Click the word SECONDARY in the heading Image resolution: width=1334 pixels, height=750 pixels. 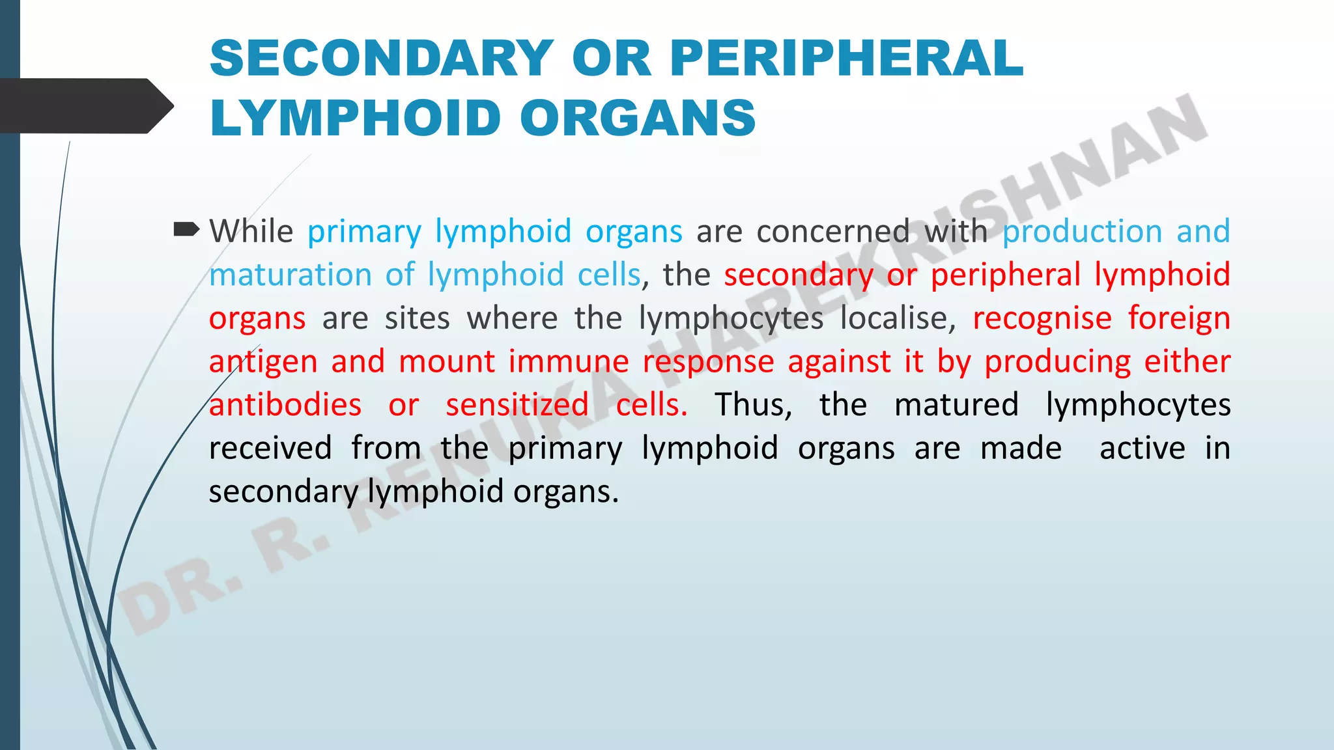click(x=382, y=59)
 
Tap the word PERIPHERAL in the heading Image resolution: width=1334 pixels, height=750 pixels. click(x=846, y=59)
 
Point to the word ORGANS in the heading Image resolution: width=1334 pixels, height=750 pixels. click(x=638, y=118)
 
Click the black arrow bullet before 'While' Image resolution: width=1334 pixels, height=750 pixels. click(x=186, y=229)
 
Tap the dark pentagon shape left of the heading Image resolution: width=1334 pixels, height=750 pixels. click(x=85, y=106)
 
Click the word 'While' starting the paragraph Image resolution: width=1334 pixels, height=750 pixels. click(x=251, y=232)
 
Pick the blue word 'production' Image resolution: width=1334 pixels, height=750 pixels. click(x=1082, y=232)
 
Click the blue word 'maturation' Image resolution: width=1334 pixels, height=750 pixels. click(x=290, y=275)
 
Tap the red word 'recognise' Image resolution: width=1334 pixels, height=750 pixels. click(x=1042, y=318)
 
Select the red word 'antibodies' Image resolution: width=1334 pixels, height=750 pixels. click(x=285, y=405)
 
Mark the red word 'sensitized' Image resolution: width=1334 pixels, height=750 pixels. click(x=517, y=405)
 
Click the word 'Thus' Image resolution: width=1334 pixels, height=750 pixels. click(x=753, y=405)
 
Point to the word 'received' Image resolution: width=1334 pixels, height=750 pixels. click(x=270, y=449)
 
